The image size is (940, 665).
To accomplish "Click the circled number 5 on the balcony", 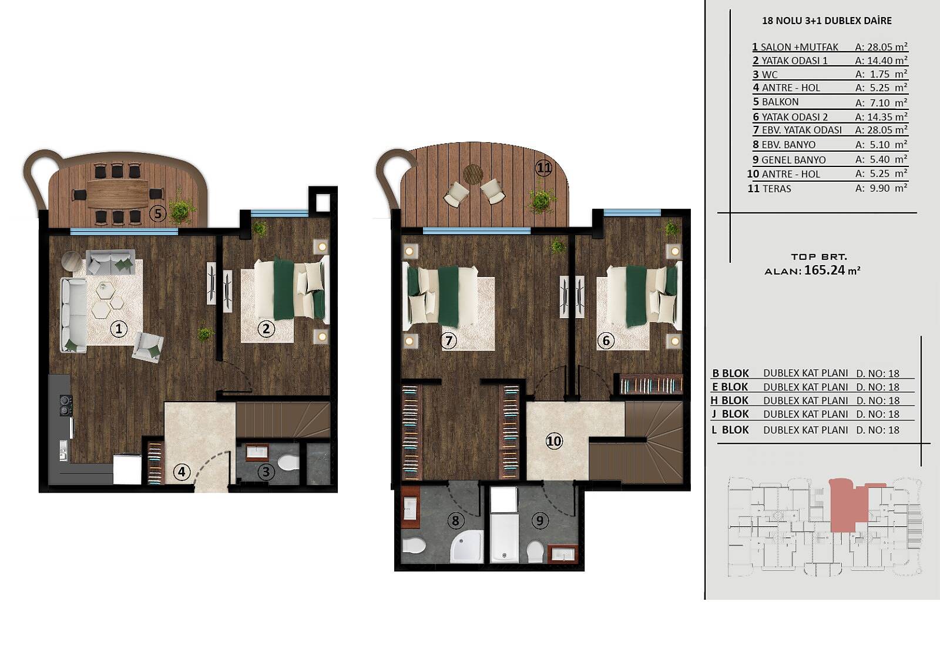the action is (x=158, y=214).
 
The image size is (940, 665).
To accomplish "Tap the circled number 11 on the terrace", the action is (x=544, y=169).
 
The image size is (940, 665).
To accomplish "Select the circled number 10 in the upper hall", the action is (x=554, y=441).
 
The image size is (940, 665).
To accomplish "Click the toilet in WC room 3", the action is (x=288, y=463).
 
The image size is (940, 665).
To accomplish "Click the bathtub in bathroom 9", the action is (x=504, y=538).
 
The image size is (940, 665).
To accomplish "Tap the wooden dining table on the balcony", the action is (x=118, y=193).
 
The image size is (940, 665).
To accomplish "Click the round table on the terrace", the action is (x=473, y=174).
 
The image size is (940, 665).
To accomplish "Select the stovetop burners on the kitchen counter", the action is (x=65, y=405).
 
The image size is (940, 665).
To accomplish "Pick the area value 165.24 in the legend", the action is (x=825, y=270).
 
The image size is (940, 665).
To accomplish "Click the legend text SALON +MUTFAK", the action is (x=800, y=47).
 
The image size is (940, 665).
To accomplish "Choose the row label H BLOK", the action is (x=730, y=400).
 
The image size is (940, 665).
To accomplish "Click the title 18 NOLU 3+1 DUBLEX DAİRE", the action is (x=827, y=21).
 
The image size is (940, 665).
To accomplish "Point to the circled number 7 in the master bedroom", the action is (x=449, y=340).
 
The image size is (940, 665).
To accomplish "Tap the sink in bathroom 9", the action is (x=563, y=554).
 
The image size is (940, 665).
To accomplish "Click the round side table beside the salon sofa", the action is (x=71, y=260).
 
